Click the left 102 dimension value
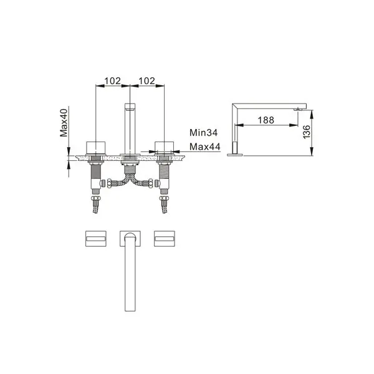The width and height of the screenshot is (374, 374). pyautogui.click(x=113, y=81)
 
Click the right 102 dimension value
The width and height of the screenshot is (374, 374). pyautogui.click(x=147, y=81)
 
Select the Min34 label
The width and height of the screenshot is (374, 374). pyautogui.click(x=203, y=133)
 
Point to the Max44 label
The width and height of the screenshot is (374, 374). pyautogui.click(x=205, y=146)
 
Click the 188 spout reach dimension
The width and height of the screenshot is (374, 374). pyautogui.click(x=266, y=120)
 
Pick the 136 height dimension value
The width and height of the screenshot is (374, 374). pyautogui.click(x=306, y=132)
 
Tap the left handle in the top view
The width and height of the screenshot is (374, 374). pyautogui.click(x=96, y=239)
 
